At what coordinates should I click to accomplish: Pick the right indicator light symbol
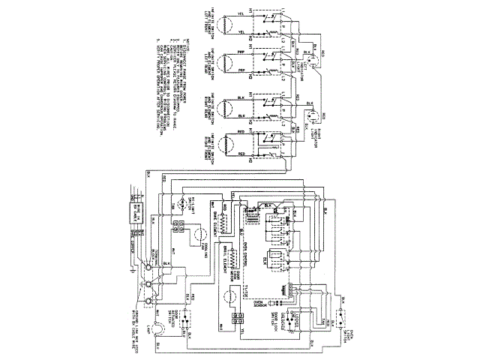pos(308,118)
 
